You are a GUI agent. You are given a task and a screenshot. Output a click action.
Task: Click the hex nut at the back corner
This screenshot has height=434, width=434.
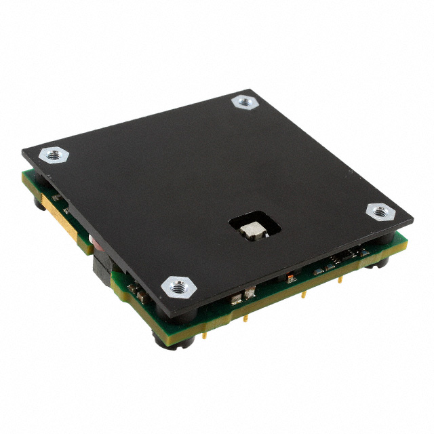pos(244,102)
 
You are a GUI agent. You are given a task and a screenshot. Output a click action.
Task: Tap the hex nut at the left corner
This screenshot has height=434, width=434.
pos(52,155)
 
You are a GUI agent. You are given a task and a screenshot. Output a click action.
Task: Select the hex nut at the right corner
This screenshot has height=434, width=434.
pos(380,212)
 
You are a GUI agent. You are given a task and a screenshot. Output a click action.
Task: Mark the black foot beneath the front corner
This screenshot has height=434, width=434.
pos(165,339)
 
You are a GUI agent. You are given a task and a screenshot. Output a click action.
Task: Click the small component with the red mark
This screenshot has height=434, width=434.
pos(291,278)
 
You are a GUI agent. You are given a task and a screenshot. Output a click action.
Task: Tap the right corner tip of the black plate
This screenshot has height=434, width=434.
pos(412,218)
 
